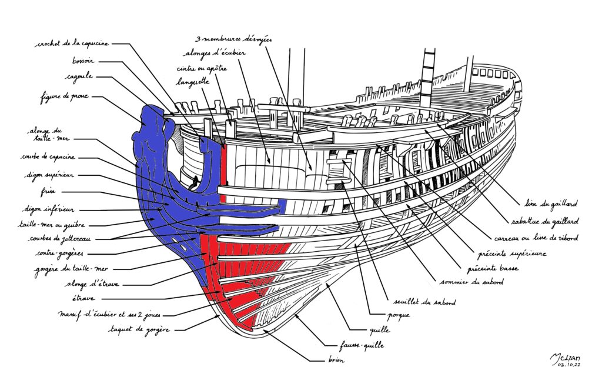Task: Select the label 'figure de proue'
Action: click(x=65, y=96)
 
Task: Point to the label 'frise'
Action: click(x=53, y=192)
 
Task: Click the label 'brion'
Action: click(x=336, y=360)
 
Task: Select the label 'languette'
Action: click(x=193, y=83)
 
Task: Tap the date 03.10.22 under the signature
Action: click(x=565, y=365)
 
